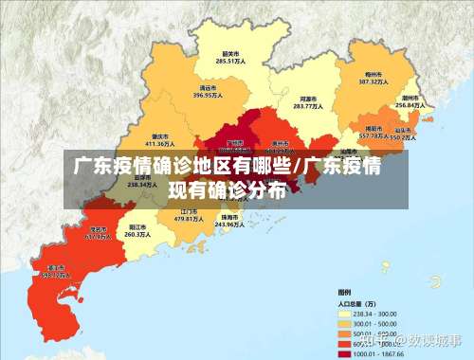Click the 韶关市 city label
click(228, 53)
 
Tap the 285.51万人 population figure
click(228, 62)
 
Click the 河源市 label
click(307, 98)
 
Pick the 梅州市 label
click(372, 73)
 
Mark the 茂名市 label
click(98, 228)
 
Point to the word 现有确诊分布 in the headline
click(227, 189)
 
